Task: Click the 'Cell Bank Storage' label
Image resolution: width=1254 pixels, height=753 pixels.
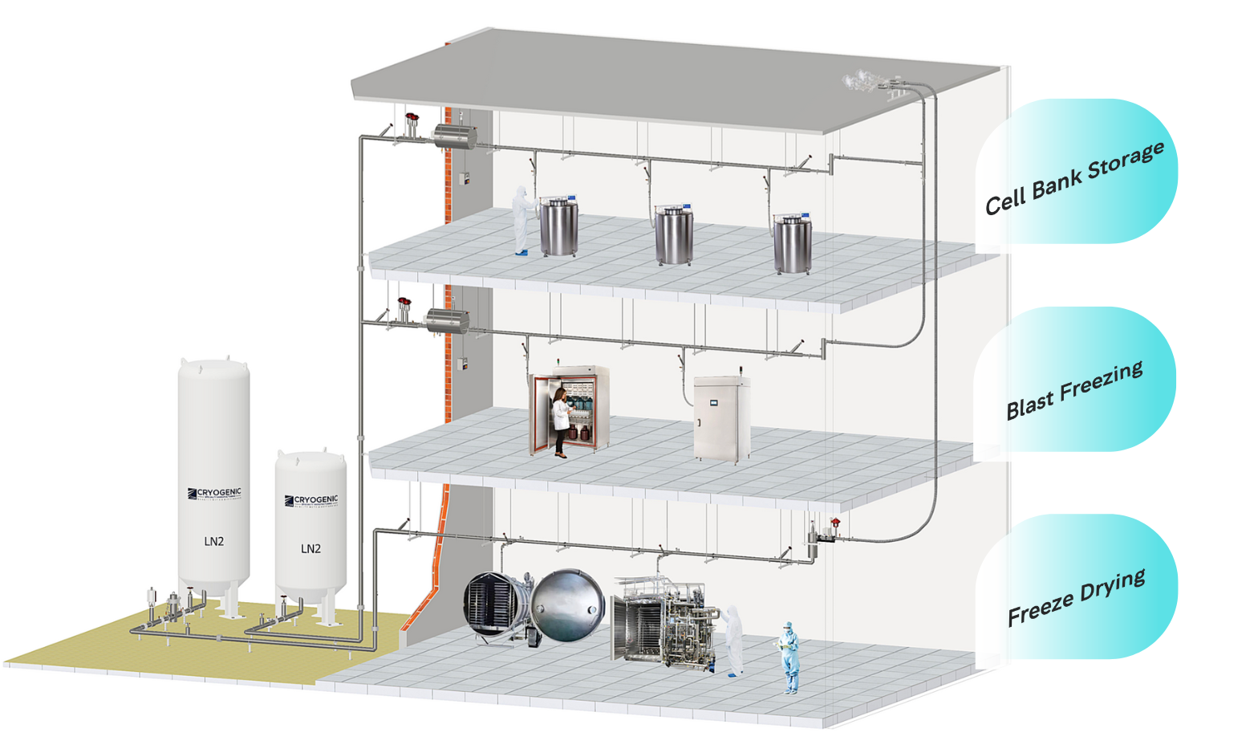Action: [x=1074, y=177]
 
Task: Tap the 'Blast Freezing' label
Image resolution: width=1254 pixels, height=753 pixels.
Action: [x=1074, y=390]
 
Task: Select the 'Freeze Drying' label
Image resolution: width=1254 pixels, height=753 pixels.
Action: [x=1076, y=597]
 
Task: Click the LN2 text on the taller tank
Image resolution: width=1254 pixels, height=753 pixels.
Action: [x=213, y=541]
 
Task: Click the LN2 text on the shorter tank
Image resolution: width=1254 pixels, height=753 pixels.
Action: [x=310, y=549]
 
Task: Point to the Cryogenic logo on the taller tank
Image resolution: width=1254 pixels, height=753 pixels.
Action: [x=214, y=494]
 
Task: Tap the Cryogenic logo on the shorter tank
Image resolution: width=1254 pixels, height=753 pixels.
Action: [x=311, y=501]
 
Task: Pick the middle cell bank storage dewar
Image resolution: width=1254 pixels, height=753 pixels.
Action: [x=673, y=234]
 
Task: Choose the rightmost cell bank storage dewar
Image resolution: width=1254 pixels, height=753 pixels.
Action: [x=792, y=242]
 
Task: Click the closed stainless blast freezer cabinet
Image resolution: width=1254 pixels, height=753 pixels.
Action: [x=721, y=419]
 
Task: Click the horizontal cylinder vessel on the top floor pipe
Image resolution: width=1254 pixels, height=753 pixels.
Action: [x=455, y=136]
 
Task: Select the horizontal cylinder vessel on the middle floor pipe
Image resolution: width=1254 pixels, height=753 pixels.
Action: [x=447, y=322]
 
